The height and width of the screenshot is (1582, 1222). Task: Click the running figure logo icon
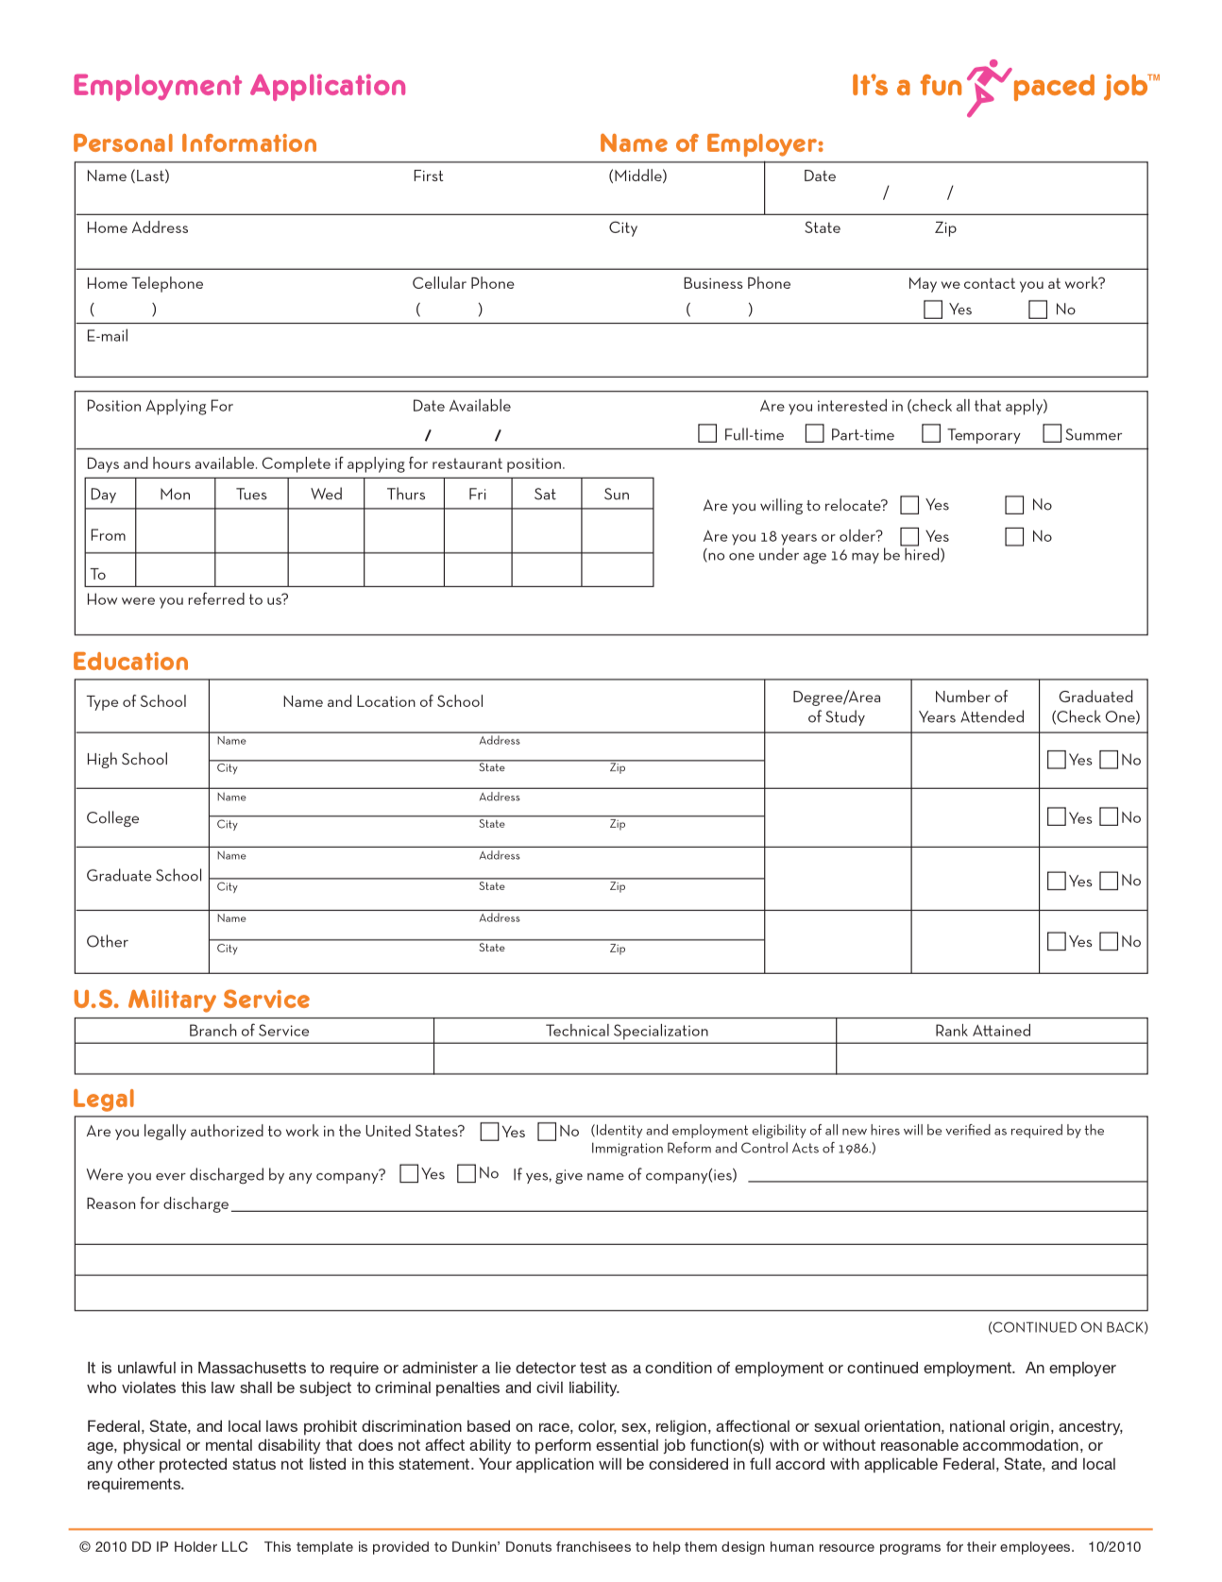click(x=987, y=87)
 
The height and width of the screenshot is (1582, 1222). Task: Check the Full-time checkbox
click(x=707, y=433)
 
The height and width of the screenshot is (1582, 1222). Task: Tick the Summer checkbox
click(x=1052, y=433)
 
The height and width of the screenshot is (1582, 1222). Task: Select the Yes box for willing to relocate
click(x=909, y=505)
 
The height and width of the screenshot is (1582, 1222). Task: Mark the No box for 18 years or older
click(x=1014, y=536)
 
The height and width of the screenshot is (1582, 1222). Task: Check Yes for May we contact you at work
click(x=933, y=310)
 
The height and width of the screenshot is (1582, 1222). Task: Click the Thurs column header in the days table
click(x=405, y=494)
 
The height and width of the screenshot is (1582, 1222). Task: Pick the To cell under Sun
click(x=617, y=570)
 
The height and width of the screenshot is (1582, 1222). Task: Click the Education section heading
click(x=130, y=662)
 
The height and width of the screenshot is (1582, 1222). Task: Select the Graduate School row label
click(x=144, y=876)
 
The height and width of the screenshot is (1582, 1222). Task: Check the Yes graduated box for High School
click(x=1057, y=760)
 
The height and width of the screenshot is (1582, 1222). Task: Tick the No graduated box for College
click(x=1110, y=817)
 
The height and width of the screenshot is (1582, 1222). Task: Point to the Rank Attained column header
click(x=982, y=1031)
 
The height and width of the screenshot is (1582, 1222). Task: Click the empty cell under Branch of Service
click(x=253, y=1058)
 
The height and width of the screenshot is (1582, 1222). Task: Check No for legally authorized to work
click(x=547, y=1132)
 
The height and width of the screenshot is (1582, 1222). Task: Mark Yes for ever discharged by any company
click(x=409, y=1173)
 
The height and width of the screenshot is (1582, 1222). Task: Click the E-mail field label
click(x=108, y=336)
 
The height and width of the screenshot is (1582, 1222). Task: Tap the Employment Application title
click(x=239, y=86)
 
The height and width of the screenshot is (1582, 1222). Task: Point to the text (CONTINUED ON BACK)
click(x=1067, y=1327)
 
